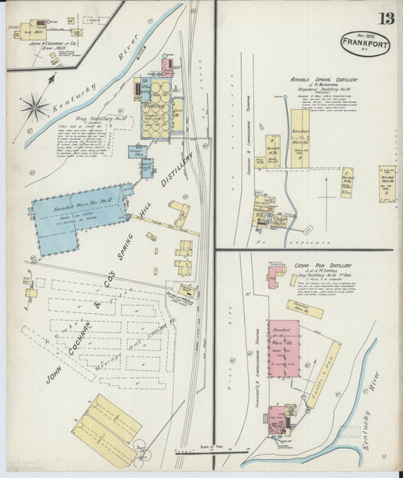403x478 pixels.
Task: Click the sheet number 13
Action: tap(386, 17)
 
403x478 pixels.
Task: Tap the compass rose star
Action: tap(34, 107)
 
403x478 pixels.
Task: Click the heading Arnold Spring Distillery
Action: tap(324, 79)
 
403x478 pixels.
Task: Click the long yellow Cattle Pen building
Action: tap(321, 371)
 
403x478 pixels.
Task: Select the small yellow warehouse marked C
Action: tap(348, 182)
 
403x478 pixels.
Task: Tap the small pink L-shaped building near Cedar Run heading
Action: tap(274, 276)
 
